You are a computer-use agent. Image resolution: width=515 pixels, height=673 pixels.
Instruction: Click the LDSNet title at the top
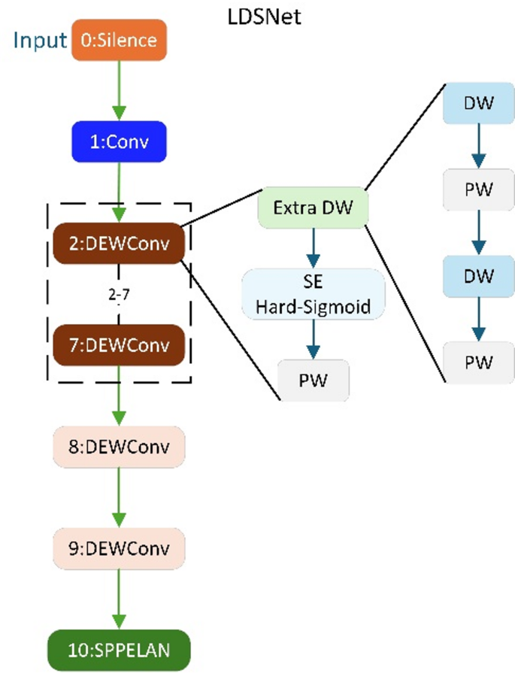264,17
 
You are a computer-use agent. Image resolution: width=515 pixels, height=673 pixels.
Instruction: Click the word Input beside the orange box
39,40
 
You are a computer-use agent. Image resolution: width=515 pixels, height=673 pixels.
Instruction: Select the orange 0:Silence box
118,41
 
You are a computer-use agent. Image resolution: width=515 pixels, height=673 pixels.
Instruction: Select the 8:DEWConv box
119,447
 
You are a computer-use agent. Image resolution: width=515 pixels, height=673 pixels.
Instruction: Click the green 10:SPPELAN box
119,648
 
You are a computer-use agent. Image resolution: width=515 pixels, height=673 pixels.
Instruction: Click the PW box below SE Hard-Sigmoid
314,380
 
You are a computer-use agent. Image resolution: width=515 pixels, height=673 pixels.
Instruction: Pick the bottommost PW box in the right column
479,362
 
